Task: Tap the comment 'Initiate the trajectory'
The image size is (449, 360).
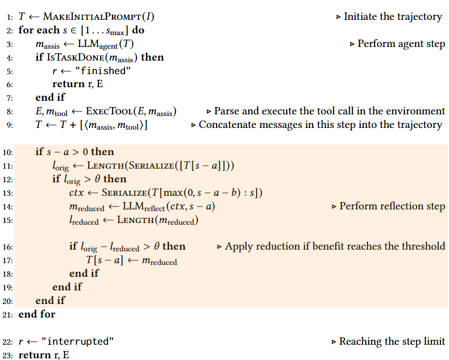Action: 392,16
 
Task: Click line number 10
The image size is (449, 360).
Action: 9,152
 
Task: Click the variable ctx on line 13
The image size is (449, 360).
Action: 76,192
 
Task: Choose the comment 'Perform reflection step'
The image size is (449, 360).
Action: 392,206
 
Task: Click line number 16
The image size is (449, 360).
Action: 9,246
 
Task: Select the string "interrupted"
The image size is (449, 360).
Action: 80,341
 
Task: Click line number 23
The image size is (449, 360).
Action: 9,355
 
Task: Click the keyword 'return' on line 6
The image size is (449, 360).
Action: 68,84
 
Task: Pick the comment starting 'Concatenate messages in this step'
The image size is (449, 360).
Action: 320,125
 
